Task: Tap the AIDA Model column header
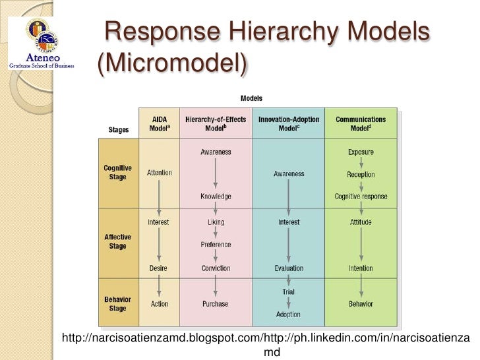[159, 123]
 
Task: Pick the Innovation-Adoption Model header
[288, 123]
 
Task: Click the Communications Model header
[361, 123]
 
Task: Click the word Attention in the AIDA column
[159, 173]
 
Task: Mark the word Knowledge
[216, 197]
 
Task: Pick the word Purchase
[216, 304]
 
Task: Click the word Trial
[288, 291]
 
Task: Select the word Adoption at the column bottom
[288, 315]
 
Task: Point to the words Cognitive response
[361, 197]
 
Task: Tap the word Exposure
[361, 152]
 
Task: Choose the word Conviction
[216, 268]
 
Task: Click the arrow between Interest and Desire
[159, 245]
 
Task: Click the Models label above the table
[251, 98]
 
